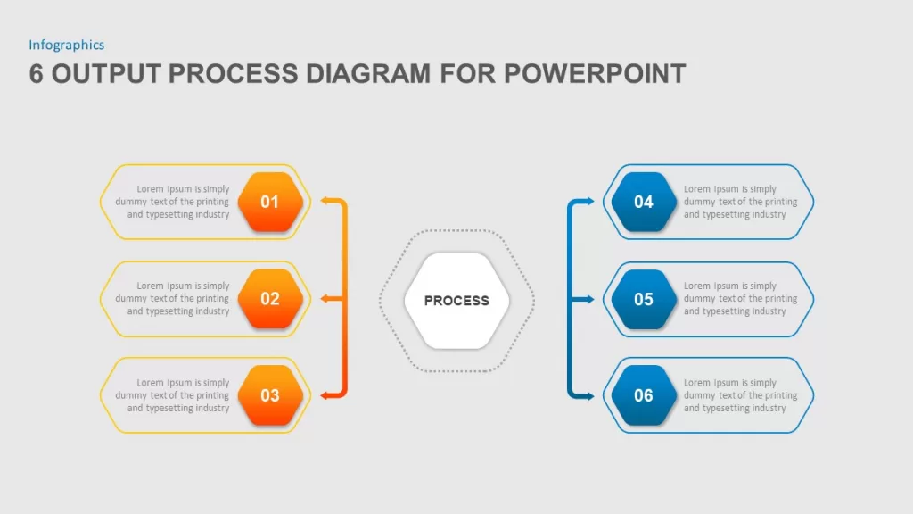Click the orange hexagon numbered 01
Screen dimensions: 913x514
270,202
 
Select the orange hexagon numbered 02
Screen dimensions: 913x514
270,298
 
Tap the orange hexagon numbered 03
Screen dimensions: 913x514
270,395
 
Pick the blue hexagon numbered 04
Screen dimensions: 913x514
644,202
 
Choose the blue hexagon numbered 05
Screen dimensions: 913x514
644,299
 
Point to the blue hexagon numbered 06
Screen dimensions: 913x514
644,395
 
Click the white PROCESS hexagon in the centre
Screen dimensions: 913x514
456,301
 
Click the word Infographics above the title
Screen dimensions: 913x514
66,45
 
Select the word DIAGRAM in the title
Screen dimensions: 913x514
368,74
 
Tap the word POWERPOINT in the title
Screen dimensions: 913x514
595,74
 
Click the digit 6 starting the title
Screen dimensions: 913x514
36,74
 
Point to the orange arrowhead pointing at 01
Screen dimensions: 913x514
325,201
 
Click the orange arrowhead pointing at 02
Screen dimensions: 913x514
325,298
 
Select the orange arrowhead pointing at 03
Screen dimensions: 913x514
325,395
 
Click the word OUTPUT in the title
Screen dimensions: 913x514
106,74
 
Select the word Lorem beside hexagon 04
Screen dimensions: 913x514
697,189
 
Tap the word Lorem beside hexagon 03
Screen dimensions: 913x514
150,382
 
